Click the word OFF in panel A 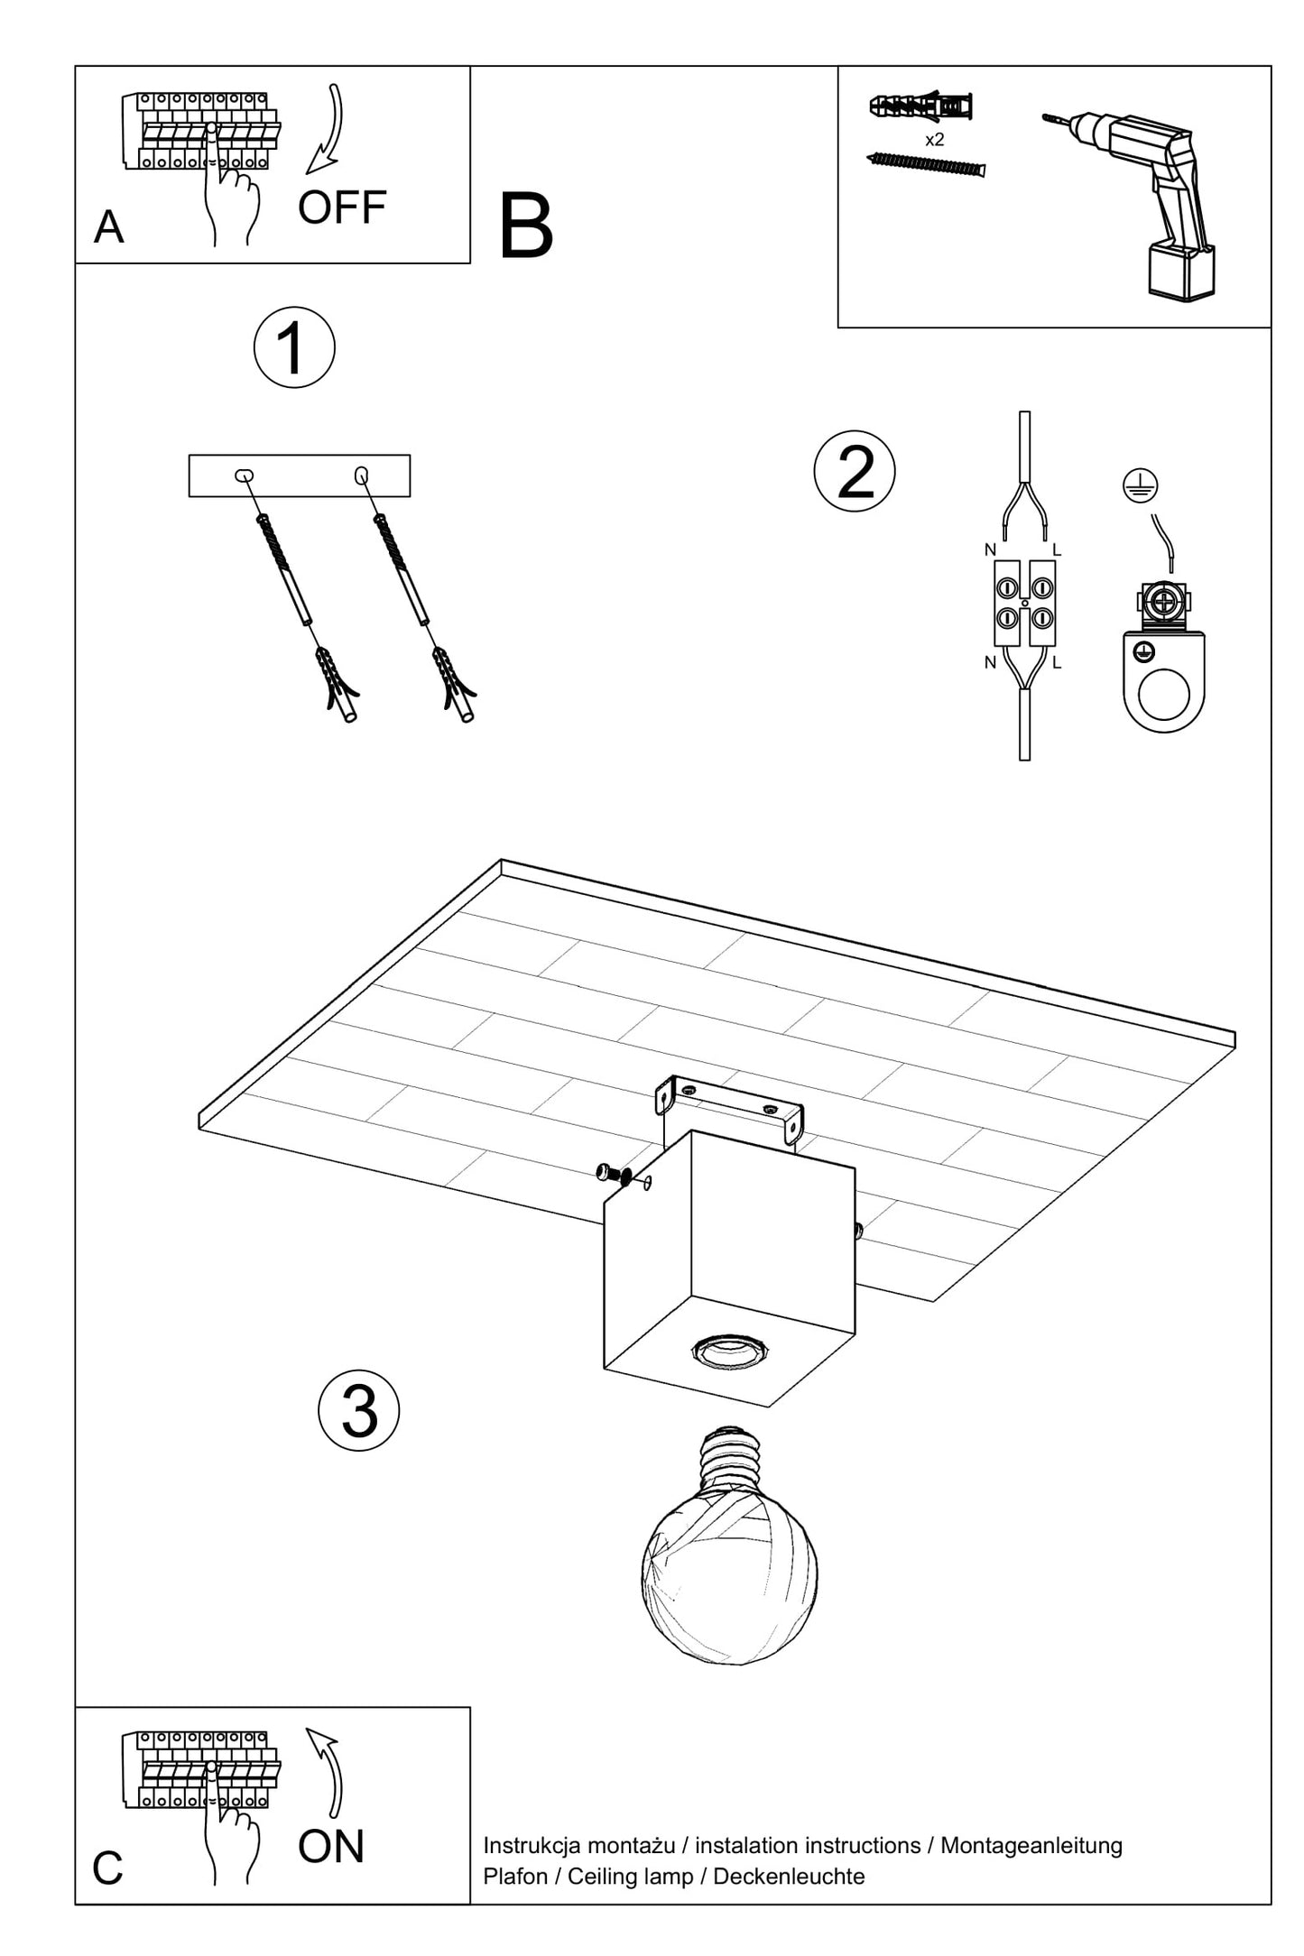coord(342,208)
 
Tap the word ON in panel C coord(331,1847)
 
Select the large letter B coord(525,226)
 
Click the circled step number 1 coord(294,348)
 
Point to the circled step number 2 coord(855,471)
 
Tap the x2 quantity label coord(935,140)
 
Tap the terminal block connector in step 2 coord(1024,603)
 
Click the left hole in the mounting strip coord(243,475)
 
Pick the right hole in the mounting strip coord(362,475)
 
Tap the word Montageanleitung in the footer coord(1031,1846)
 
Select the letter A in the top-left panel coord(108,227)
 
